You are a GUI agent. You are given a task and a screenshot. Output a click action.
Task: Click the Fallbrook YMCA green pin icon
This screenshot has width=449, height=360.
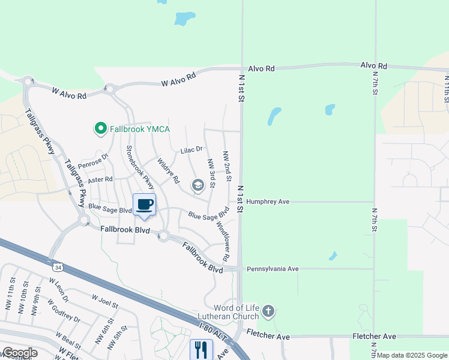100,128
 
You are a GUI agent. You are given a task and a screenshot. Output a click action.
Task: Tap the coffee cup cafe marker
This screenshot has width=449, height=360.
144,205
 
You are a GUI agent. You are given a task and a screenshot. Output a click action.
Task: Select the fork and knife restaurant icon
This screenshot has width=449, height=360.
200,349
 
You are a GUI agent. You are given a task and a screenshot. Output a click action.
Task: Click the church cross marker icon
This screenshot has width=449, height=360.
268,311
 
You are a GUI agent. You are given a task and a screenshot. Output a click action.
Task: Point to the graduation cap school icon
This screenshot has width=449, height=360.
197,186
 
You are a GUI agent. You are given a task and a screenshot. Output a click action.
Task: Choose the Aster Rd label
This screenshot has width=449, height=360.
100,179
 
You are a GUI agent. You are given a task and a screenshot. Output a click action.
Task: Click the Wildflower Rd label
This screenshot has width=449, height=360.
222,241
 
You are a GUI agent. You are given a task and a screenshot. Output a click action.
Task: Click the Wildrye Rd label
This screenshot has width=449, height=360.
168,170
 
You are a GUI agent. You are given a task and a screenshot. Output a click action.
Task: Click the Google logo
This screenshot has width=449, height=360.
19,353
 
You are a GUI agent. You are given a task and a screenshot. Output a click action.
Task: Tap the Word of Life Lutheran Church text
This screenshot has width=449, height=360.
229,312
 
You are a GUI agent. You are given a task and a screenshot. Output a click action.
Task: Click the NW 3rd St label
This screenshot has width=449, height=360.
211,172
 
